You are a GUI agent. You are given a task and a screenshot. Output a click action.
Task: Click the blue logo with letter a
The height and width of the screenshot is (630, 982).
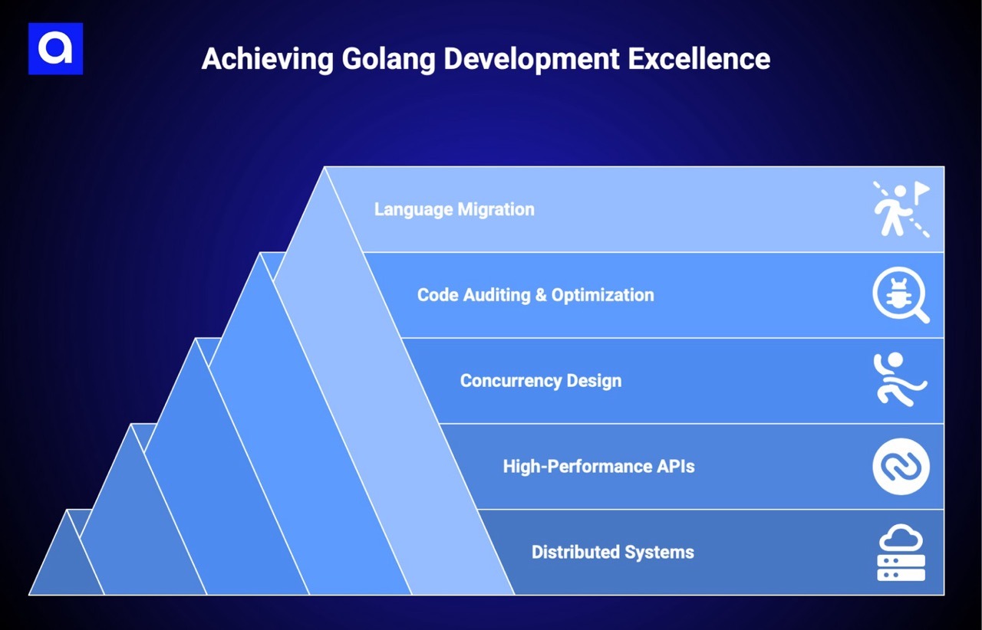(x=55, y=48)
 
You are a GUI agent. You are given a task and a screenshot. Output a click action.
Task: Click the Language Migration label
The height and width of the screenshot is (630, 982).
(x=454, y=209)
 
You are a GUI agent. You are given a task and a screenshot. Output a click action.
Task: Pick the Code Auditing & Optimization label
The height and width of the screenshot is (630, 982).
(x=535, y=295)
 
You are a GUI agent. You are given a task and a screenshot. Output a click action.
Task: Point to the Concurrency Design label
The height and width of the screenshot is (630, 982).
(x=541, y=381)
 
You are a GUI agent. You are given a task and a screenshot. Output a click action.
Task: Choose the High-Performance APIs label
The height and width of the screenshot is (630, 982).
(x=598, y=466)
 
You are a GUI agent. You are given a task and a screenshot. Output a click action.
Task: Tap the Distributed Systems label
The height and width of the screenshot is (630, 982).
(x=612, y=552)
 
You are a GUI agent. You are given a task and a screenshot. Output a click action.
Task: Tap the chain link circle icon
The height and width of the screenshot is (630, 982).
(x=901, y=466)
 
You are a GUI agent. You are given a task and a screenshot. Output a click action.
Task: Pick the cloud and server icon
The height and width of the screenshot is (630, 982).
(x=901, y=552)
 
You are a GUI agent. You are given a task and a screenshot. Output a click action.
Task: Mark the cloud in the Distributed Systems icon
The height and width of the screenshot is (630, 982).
(x=901, y=538)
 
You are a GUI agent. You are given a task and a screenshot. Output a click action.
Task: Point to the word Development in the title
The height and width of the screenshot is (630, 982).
(x=532, y=59)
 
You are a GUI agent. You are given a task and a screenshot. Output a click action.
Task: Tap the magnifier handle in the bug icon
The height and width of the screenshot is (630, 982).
(x=921, y=314)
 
